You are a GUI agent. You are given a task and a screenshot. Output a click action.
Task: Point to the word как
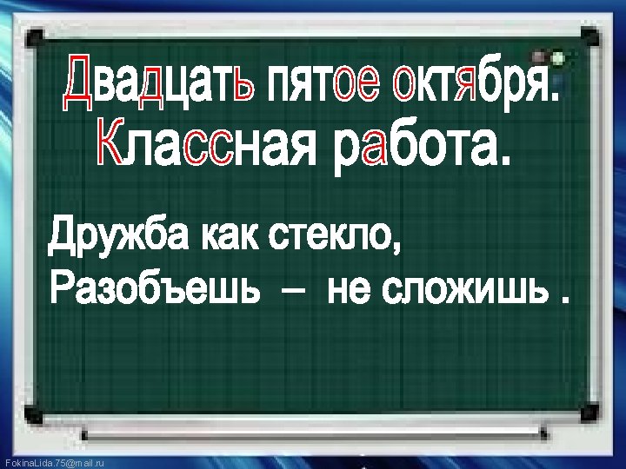click(225, 235)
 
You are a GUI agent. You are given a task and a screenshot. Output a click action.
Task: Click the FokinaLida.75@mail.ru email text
click(54, 463)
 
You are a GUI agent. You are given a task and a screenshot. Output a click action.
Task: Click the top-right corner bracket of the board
click(590, 36)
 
